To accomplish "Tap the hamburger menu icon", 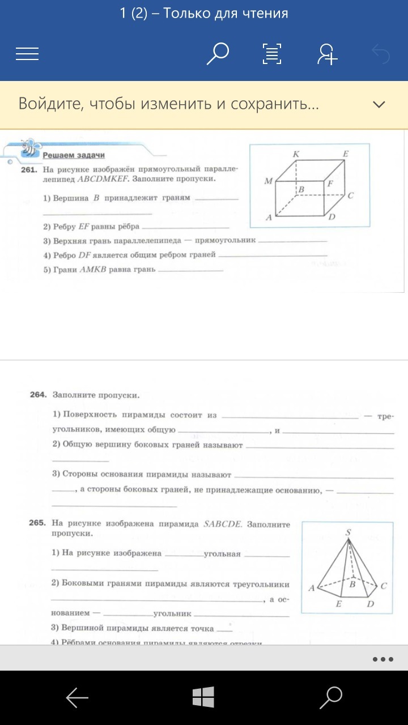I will [x=27, y=54].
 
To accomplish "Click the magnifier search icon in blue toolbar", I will [x=217, y=54].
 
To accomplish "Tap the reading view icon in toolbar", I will [x=273, y=54].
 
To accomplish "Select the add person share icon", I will [x=327, y=54].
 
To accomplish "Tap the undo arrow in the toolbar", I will [x=380, y=54].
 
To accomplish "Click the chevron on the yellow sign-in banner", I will [x=379, y=104].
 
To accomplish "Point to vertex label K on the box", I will [x=296, y=154].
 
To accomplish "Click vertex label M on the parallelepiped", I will [x=268, y=181].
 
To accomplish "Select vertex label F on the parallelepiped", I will [x=329, y=184].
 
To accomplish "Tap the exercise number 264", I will [x=37, y=394].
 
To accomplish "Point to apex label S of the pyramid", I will [x=348, y=532].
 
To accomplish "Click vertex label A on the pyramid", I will [x=311, y=588].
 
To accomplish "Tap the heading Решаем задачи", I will [x=74, y=155].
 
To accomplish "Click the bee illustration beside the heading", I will [x=29, y=148].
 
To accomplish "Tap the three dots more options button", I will [x=383, y=659].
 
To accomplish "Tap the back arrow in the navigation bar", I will [x=77, y=698].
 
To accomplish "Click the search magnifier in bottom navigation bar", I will [x=330, y=698].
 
